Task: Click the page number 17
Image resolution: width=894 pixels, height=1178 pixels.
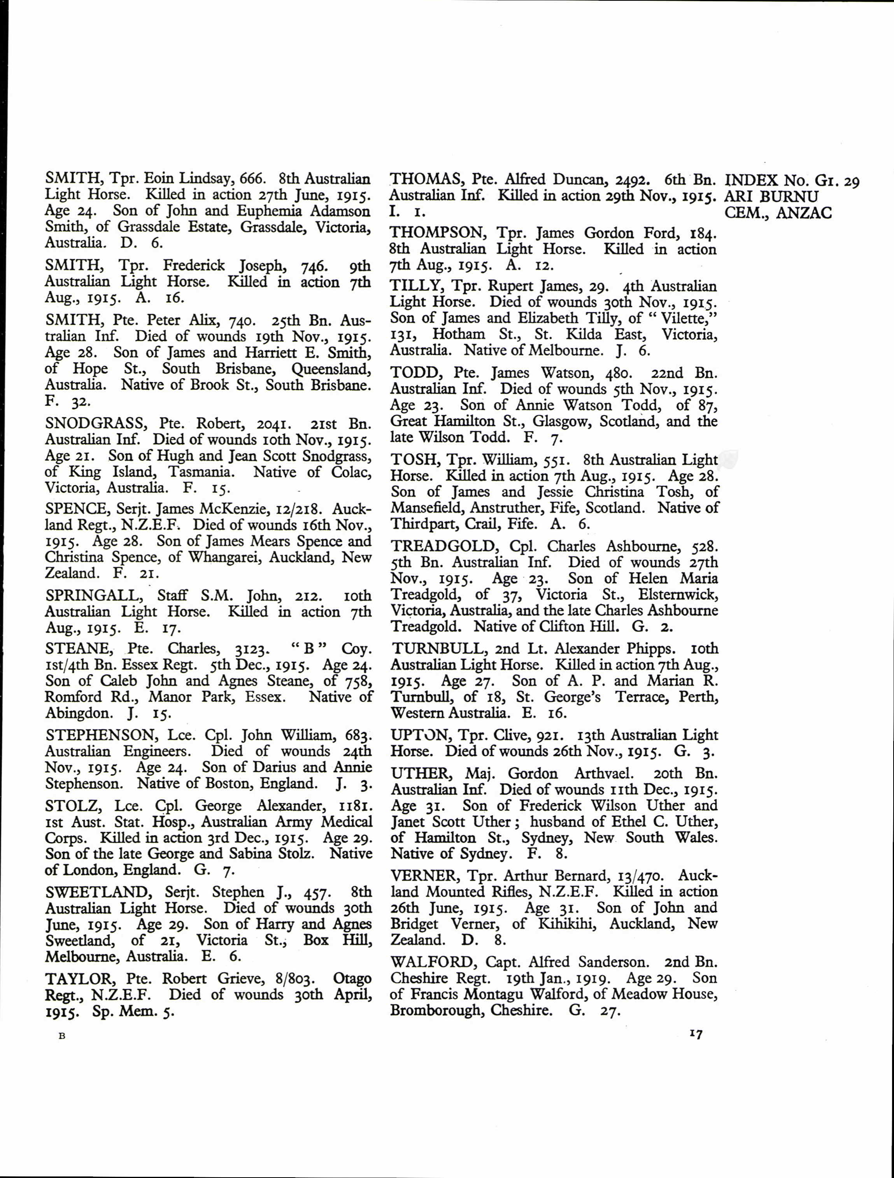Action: pyautogui.click(x=695, y=1034)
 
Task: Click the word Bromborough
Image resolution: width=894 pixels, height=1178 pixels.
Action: pyautogui.click(x=436, y=1010)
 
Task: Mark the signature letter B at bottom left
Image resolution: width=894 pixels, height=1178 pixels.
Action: pyautogui.click(x=62, y=1036)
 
